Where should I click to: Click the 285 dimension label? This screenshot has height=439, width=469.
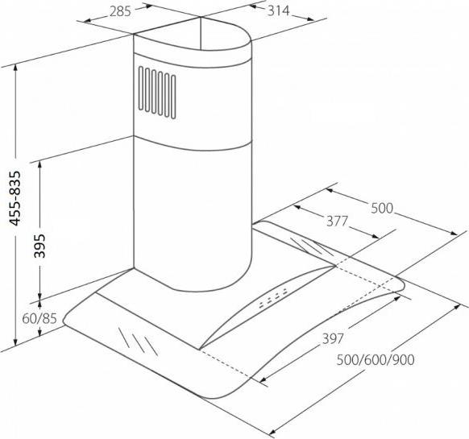click(x=120, y=11)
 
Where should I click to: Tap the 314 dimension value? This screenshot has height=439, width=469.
click(x=279, y=11)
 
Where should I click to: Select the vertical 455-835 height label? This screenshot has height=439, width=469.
click(x=15, y=198)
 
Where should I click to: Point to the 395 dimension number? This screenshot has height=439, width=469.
click(x=39, y=246)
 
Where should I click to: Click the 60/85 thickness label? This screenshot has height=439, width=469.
click(x=39, y=319)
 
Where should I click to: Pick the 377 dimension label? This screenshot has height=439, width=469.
click(x=337, y=221)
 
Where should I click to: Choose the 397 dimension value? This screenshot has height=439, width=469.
click(x=333, y=338)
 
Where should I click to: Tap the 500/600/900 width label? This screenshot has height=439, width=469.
click(x=376, y=360)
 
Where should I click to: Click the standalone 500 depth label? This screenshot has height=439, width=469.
click(x=382, y=208)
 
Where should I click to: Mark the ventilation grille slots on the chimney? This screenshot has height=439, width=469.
click(x=157, y=93)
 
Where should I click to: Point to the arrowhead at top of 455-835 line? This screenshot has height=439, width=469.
click(x=16, y=68)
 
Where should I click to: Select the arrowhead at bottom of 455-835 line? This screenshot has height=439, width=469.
click(x=16, y=341)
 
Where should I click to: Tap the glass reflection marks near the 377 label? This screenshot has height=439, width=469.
click(x=312, y=247)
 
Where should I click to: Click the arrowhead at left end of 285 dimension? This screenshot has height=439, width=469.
click(x=87, y=20)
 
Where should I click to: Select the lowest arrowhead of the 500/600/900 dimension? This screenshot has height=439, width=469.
click(x=273, y=431)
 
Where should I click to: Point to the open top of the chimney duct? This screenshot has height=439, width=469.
click(x=192, y=34)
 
